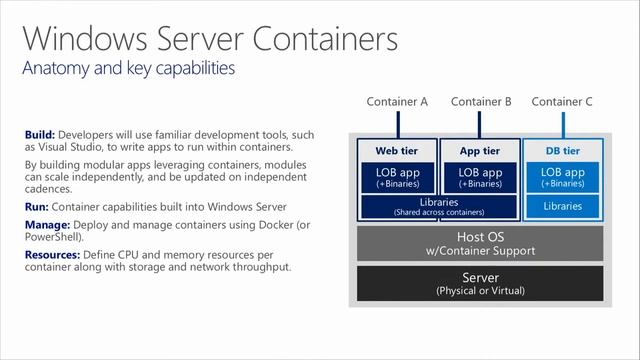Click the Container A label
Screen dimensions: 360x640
pos(397,101)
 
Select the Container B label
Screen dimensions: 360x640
pos(481,101)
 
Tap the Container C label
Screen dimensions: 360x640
pos(562,101)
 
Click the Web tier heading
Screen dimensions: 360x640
pos(397,151)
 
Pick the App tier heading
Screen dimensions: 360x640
pos(480,151)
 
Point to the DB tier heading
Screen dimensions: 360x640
pos(561,151)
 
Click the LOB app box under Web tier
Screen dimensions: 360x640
pos(397,177)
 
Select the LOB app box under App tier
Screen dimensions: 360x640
pos(480,177)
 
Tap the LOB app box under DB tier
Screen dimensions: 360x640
pos(561,177)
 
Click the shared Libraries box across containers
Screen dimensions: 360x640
pos(438,206)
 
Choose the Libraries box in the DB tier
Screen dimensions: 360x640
pos(561,206)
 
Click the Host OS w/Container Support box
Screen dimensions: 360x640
pos(480,243)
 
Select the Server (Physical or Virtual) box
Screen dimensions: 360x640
pos(480,283)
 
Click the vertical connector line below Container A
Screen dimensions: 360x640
pos(397,124)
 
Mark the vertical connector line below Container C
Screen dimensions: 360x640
pos(562,124)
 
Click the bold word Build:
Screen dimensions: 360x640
pos(40,135)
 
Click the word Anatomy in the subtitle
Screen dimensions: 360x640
pos(56,69)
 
